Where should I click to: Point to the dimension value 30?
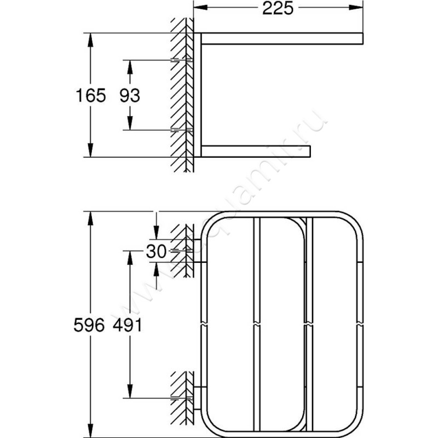pos(157,251)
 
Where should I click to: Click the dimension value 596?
pos(89,325)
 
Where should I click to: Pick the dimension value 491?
pos(129,325)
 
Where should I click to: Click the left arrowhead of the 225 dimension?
pos(199,9)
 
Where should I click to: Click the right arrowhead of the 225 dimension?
pos(359,9)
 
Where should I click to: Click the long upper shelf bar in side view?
pos(282,38)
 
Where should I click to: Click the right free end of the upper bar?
pos(361,38)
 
